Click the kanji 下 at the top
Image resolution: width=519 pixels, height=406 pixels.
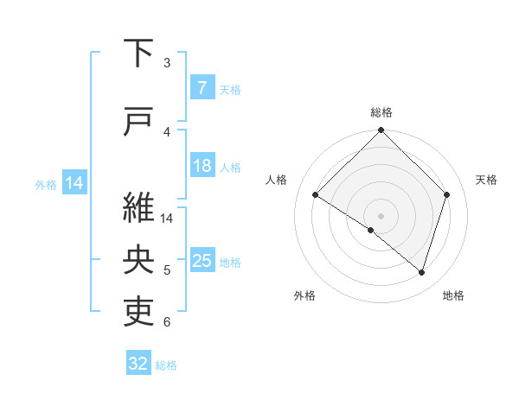coord(141,54)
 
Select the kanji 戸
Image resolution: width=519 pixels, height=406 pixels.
coord(141,122)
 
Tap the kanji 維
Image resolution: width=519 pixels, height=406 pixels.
coord(141,208)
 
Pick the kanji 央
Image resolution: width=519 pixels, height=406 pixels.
coord(141,260)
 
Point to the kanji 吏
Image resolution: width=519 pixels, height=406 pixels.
coord(141,311)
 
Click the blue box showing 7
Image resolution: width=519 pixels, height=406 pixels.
coord(202,88)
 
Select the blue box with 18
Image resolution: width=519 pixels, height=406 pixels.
coord(202,166)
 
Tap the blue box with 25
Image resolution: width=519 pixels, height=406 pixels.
coord(202,261)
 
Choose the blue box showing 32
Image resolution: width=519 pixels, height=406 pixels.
coord(138,364)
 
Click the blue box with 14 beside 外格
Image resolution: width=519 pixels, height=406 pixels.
coord(74,183)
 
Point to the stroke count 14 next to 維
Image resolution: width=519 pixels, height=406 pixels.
coord(168,219)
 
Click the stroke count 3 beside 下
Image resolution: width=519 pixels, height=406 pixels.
coord(167,63)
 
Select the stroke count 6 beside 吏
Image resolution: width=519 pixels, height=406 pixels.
coord(167,322)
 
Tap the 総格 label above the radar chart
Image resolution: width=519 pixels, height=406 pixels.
coord(381,112)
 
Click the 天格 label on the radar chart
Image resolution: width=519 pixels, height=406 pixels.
coord(486,180)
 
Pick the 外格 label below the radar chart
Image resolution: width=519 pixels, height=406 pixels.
coord(304,295)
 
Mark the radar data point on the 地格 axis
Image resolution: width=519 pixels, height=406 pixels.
coord(421,273)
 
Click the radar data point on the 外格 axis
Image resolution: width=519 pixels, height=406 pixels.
coord(371,230)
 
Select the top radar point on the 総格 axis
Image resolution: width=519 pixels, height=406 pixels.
coord(381,131)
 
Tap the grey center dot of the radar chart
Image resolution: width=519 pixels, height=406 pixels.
coord(381,215)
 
